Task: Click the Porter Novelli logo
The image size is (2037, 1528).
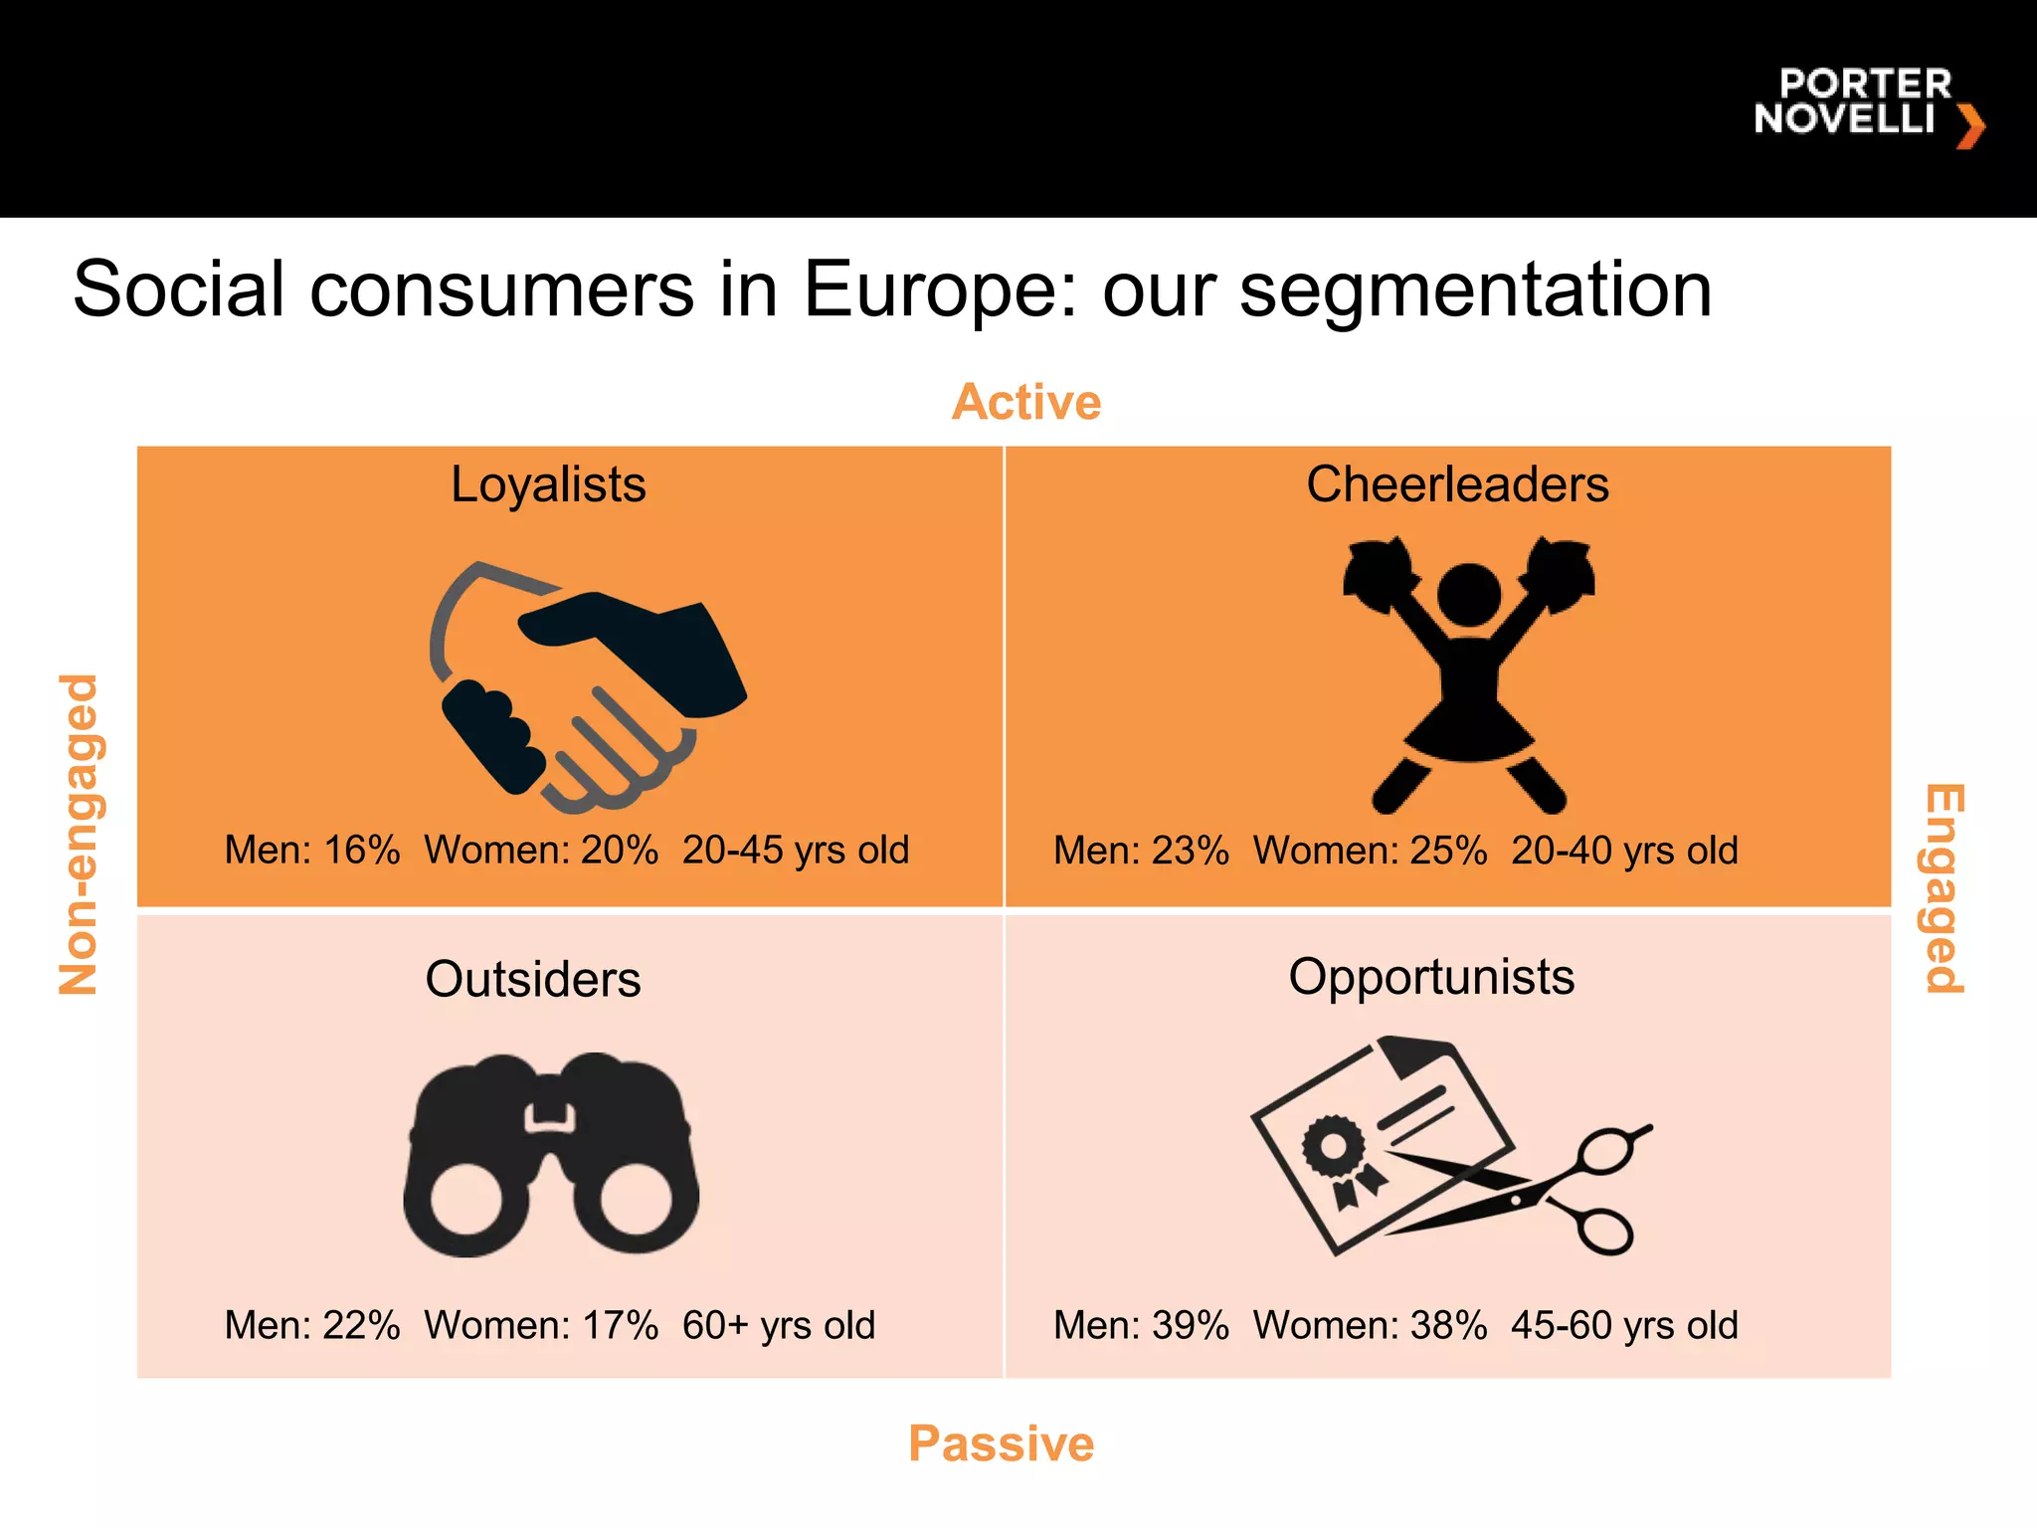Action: pyautogui.click(x=1867, y=104)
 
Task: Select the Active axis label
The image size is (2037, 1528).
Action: pyautogui.click(x=1025, y=403)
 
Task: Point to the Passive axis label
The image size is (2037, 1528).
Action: pyautogui.click(x=1001, y=1443)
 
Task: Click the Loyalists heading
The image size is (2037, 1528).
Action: pyautogui.click(x=548, y=485)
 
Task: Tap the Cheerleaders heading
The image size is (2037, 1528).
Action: pyautogui.click(x=1457, y=485)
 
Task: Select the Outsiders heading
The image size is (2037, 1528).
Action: pyautogui.click(x=533, y=979)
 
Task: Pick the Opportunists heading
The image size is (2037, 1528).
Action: pyautogui.click(x=1431, y=977)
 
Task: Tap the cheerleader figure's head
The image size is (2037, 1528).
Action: pyautogui.click(x=1469, y=595)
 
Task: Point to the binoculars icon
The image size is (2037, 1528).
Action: pyautogui.click(x=551, y=1154)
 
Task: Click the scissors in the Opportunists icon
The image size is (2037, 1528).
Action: pyautogui.click(x=1552, y=1189)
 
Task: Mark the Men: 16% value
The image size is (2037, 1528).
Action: pyautogui.click(x=312, y=851)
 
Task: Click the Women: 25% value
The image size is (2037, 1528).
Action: pyautogui.click(x=1370, y=851)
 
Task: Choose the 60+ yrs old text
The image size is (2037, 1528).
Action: pyautogui.click(x=778, y=1325)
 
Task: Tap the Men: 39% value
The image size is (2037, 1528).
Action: pyautogui.click(x=1141, y=1325)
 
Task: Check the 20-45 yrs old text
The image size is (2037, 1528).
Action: pyautogui.click(x=796, y=851)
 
